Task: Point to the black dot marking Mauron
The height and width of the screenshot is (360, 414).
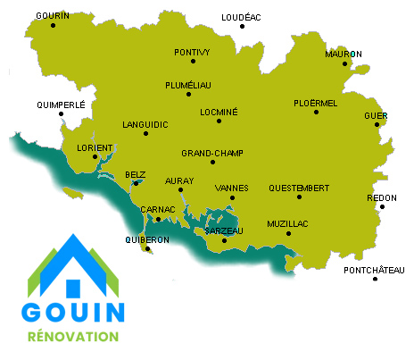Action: (x=345, y=63)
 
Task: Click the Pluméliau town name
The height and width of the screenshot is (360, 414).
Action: (x=188, y=84)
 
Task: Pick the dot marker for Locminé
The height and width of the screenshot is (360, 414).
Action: (x=219, y=121)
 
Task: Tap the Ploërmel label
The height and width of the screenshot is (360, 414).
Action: (x=315, y=103)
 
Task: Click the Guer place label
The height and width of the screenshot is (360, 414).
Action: (x=377, y=116)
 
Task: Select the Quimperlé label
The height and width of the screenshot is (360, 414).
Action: (x=61, y=105)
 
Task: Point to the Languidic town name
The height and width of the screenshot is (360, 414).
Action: (x=144, y=123)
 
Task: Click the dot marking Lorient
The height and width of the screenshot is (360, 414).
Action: (x=95, y=157)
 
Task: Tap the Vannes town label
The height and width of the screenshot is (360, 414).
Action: (x=232, y=188)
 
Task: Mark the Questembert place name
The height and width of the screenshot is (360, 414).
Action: (x=298, y=188)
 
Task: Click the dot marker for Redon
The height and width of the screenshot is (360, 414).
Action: (x=382, y=207)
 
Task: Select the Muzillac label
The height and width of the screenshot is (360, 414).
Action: (x=286, y=223)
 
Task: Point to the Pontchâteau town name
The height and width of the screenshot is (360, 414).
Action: (x=375, y=269)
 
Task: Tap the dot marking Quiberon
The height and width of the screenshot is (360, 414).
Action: (x=146, y=249)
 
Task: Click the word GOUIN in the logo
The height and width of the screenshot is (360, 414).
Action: (x=73, y=312)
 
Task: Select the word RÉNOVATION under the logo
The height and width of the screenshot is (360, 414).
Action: (x=73, y=338)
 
